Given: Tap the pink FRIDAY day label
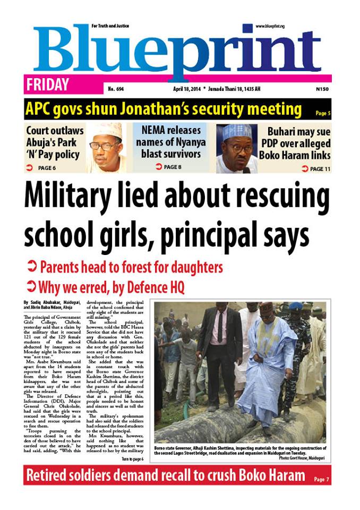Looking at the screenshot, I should [x=47, y=85].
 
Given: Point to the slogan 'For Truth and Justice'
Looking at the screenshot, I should [x=110, y=26].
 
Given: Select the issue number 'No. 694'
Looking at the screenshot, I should [x=116, y=89].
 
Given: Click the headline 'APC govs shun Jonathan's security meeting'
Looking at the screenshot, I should [x=164, y=109].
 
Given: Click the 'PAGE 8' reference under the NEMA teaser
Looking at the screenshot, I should [x=168, y=167].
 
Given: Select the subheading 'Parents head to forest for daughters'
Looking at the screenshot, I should [x=131, y=267].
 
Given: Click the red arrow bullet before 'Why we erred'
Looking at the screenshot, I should [x=31, y=287].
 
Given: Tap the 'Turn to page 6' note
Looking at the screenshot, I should [x=132, y=458].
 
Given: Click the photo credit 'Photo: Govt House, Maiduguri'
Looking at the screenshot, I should [x=297, y=457].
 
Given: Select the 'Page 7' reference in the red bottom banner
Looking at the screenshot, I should [x=321, y=480].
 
